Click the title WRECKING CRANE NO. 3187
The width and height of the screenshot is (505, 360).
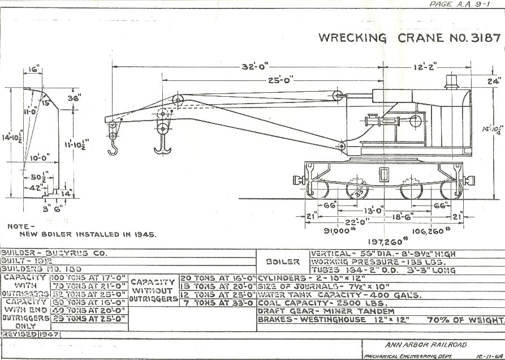[409, 38]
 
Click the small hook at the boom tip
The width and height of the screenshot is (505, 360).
[113, 148]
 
